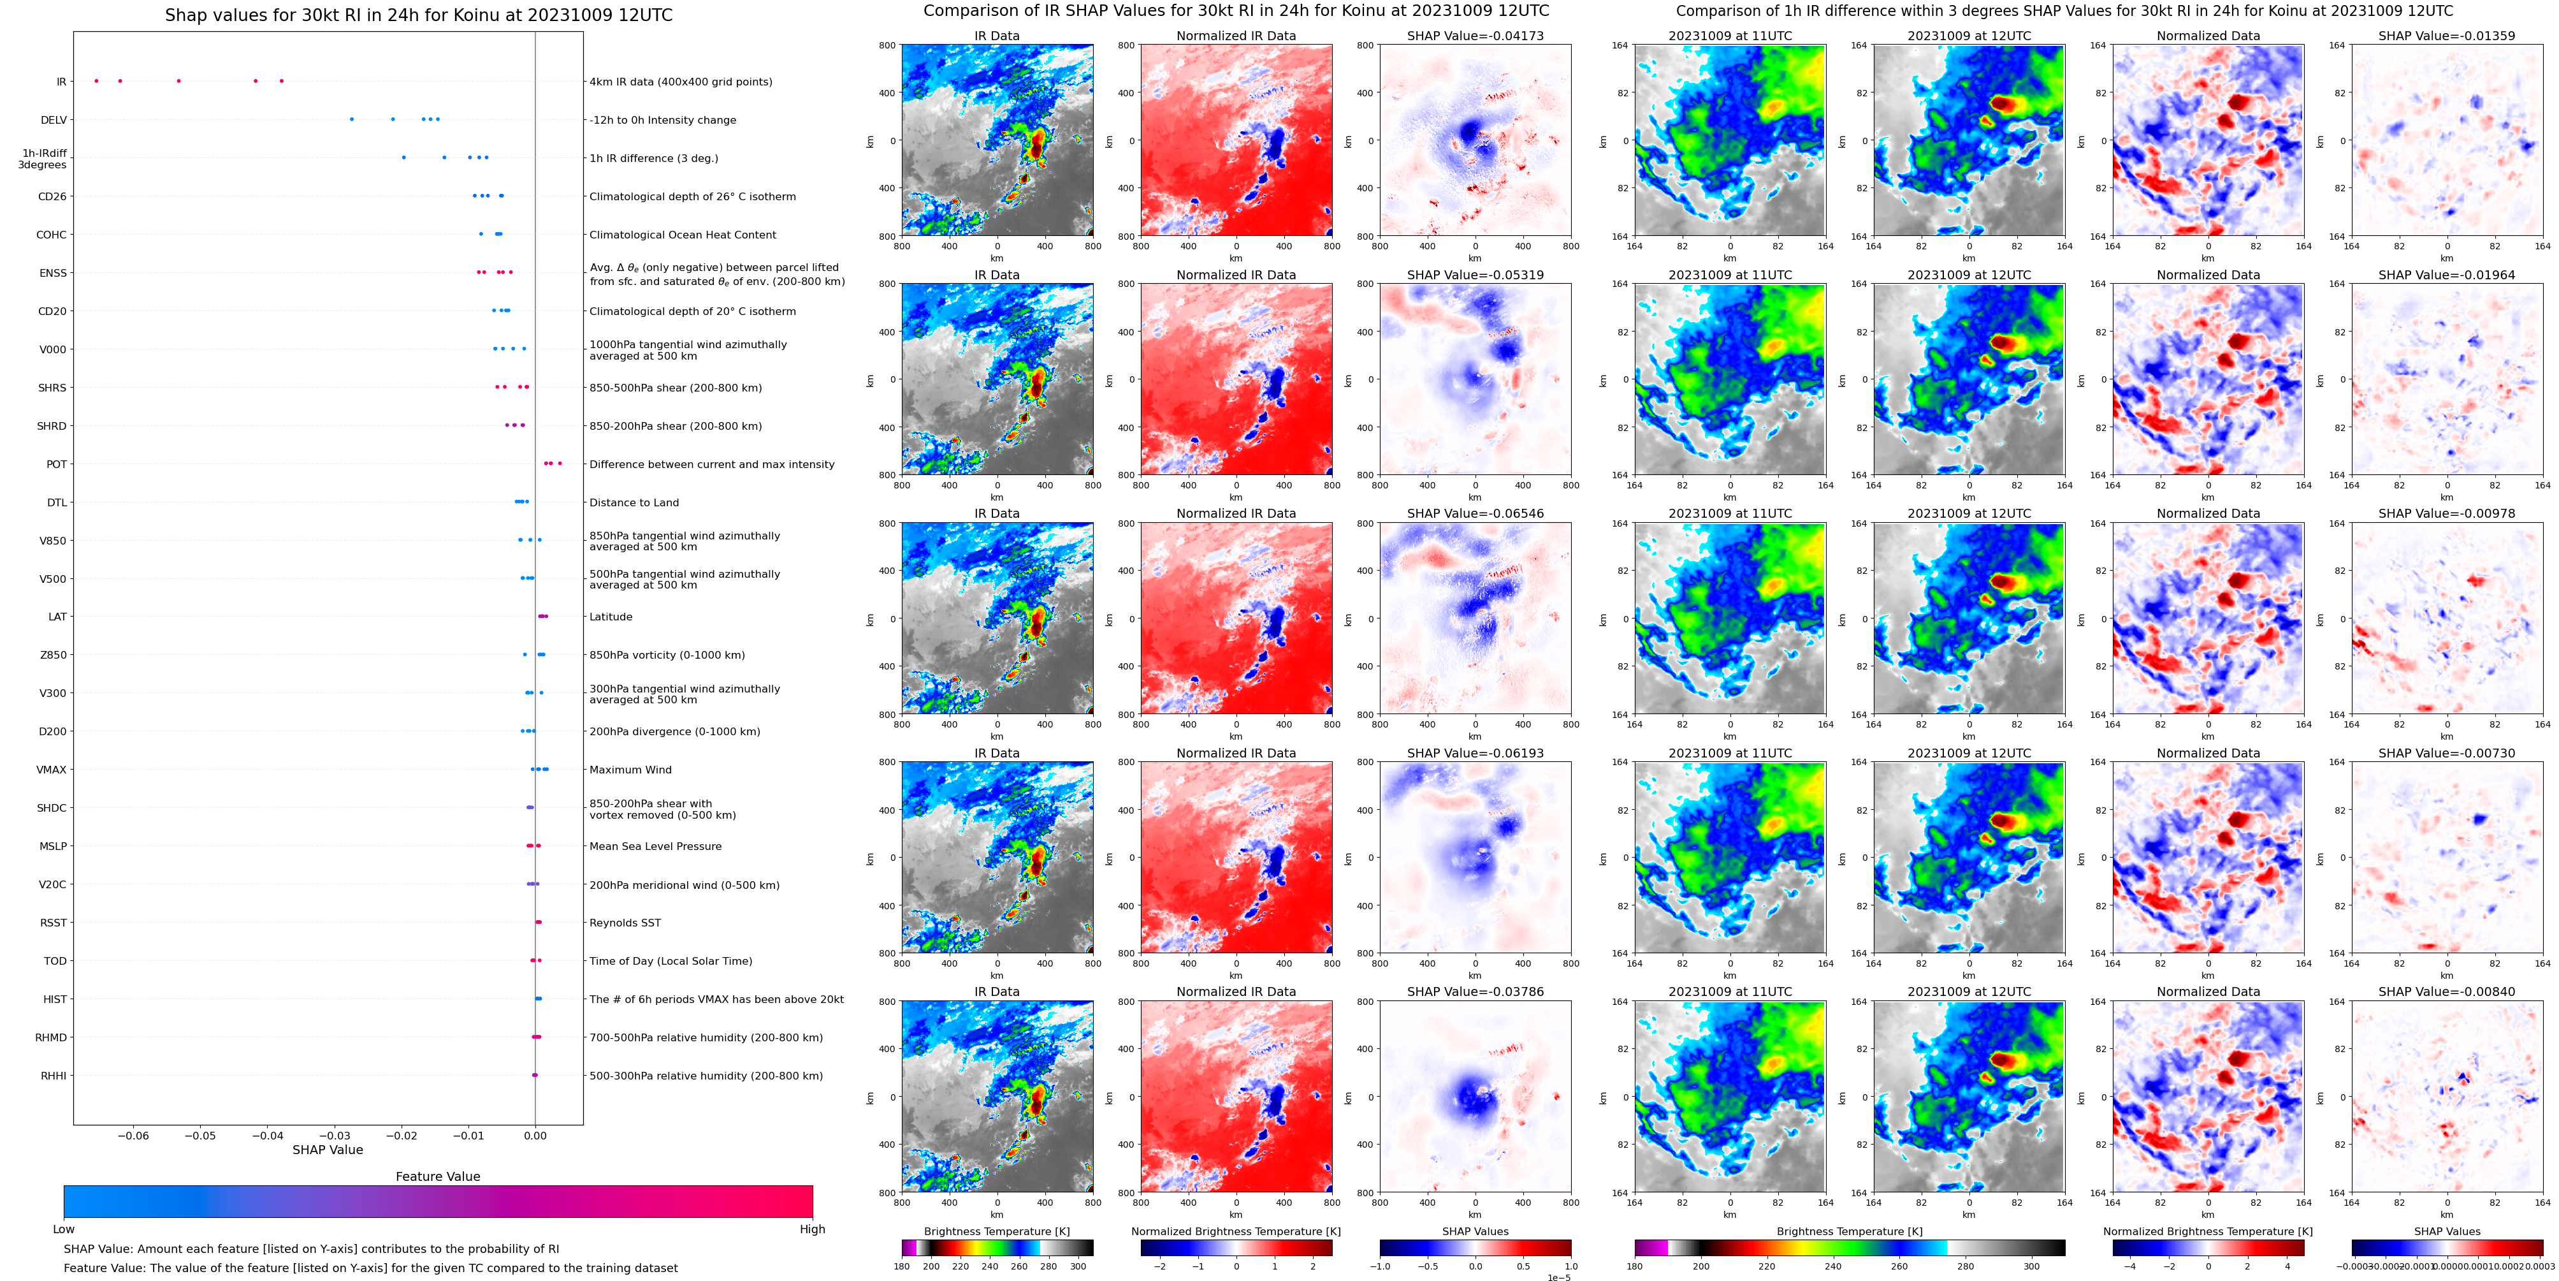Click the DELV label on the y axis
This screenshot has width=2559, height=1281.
[54, 121]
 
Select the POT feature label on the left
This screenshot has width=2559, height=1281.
[57, 464]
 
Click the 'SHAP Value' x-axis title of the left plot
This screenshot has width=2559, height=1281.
[328, 1150]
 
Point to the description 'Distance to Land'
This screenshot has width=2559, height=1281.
[634, 503]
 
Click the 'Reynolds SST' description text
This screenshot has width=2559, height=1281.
[625, 923]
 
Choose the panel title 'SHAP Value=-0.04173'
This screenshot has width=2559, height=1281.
[1475, 36]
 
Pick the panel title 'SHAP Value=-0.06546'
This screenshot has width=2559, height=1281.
[1475, 514]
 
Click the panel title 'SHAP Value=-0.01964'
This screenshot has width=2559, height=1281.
[2447, 275]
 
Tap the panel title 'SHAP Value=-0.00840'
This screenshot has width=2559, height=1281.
[2447, 992]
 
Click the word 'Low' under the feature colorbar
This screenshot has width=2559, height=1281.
[64, 1229]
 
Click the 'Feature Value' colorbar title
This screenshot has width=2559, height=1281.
[438, 1176]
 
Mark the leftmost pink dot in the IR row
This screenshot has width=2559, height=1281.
[96, 80]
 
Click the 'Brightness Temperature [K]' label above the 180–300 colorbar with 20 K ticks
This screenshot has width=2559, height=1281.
[996, 1231]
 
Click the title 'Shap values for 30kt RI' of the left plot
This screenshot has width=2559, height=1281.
[418, 15]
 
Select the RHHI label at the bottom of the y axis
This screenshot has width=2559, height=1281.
[54, 1076]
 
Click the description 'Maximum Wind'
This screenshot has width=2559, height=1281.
[630, 770]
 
